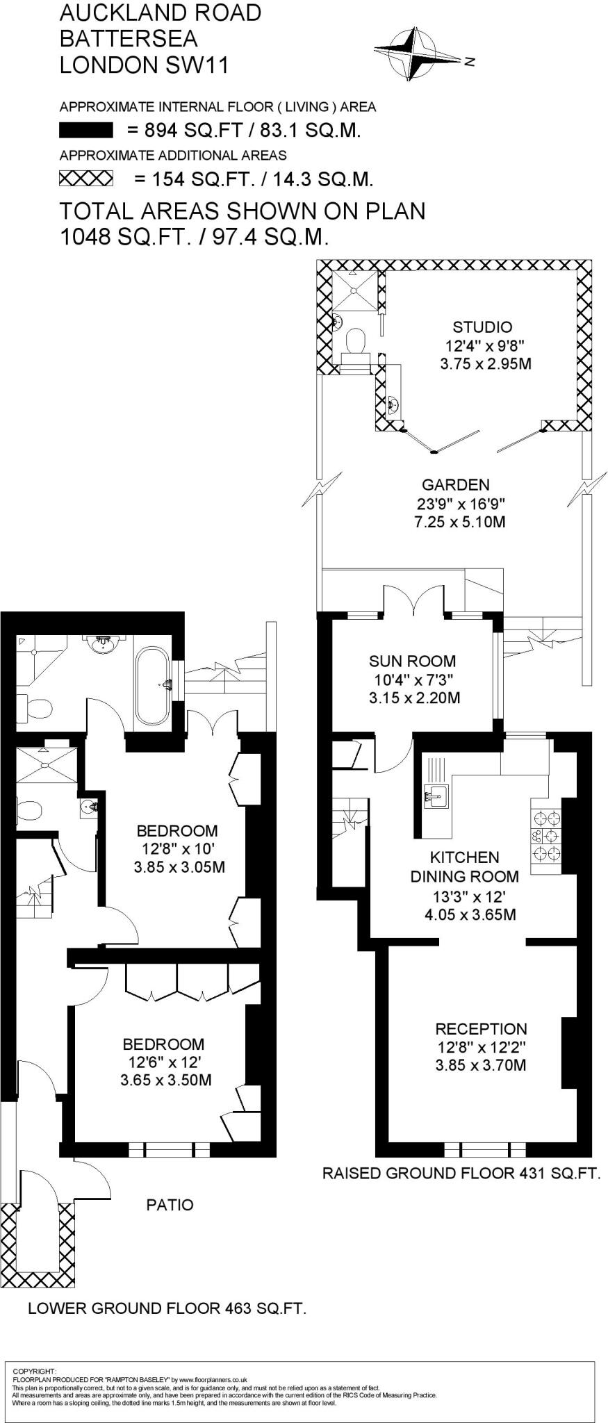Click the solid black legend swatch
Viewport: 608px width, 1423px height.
point(86,130)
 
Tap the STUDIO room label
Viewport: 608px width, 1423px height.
point(482,327)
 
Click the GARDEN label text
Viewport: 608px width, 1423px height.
point(456,485)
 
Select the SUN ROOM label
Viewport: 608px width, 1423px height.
point(412,661)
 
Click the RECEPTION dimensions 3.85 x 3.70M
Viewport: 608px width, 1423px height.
point(481,1065)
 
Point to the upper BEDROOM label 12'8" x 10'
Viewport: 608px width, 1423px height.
point(176,831)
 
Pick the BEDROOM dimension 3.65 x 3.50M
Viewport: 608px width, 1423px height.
point(165,1080)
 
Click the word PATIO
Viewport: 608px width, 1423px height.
point(170,1204)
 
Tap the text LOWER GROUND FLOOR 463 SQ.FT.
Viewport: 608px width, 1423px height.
point(167,1309)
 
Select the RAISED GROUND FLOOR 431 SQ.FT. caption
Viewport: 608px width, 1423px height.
point(461,1174)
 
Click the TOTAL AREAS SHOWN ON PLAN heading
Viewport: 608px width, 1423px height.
point(243,211)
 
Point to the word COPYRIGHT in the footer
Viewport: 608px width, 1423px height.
point(35,1371)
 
